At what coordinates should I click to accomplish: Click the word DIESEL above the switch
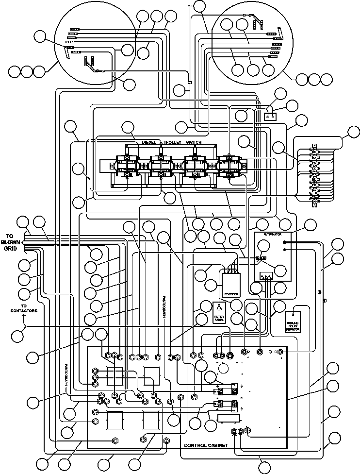click(150, 142)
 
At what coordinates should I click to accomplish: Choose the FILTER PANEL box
click(219, 312)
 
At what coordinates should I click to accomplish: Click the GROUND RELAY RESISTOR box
click(293, 322)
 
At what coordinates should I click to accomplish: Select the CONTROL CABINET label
click(206, 445)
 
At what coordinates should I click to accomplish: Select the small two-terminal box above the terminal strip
click(270, 117)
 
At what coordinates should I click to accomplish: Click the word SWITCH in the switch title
click(207, 142)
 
